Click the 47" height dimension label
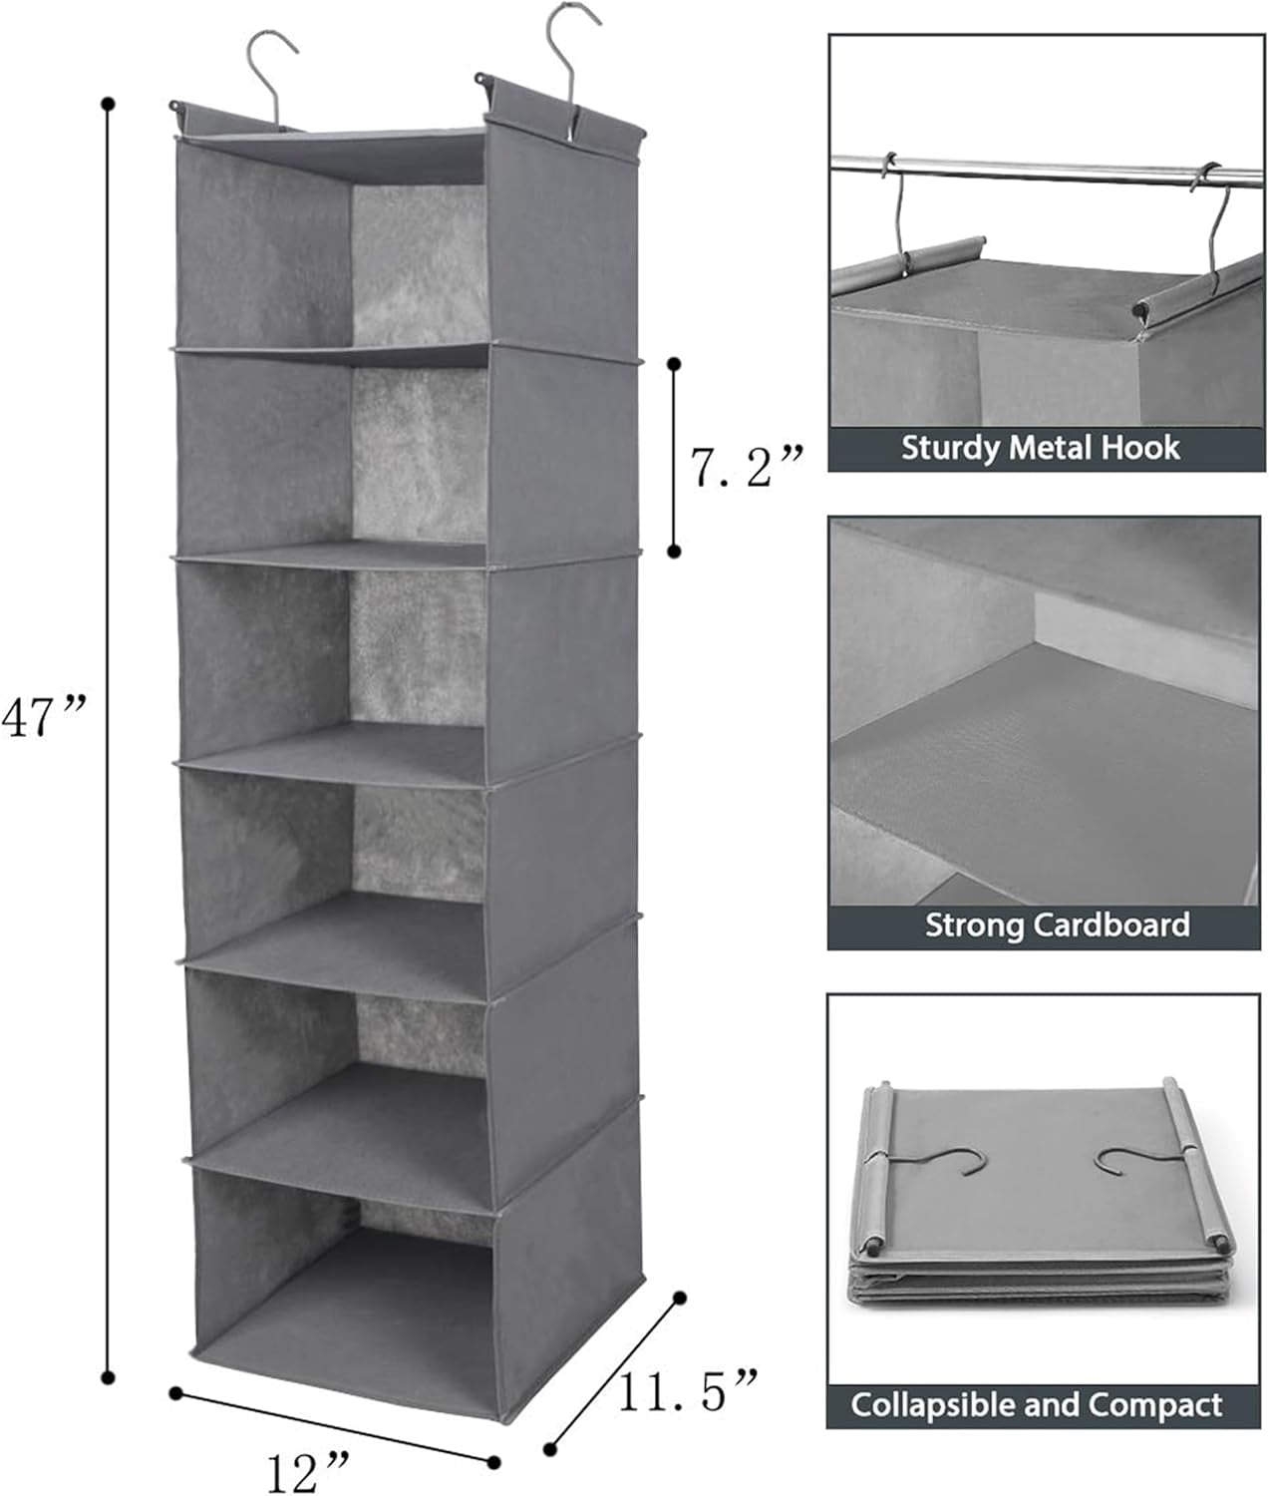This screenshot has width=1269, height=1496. (45, 716)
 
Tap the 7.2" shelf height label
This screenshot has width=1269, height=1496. (747, 465)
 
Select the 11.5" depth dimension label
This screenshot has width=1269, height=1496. (687, 1390)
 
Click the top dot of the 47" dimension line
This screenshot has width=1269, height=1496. (109, 103)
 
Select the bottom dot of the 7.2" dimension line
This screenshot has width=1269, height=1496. (675, 551)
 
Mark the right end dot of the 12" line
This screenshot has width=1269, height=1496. (493, 1462)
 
